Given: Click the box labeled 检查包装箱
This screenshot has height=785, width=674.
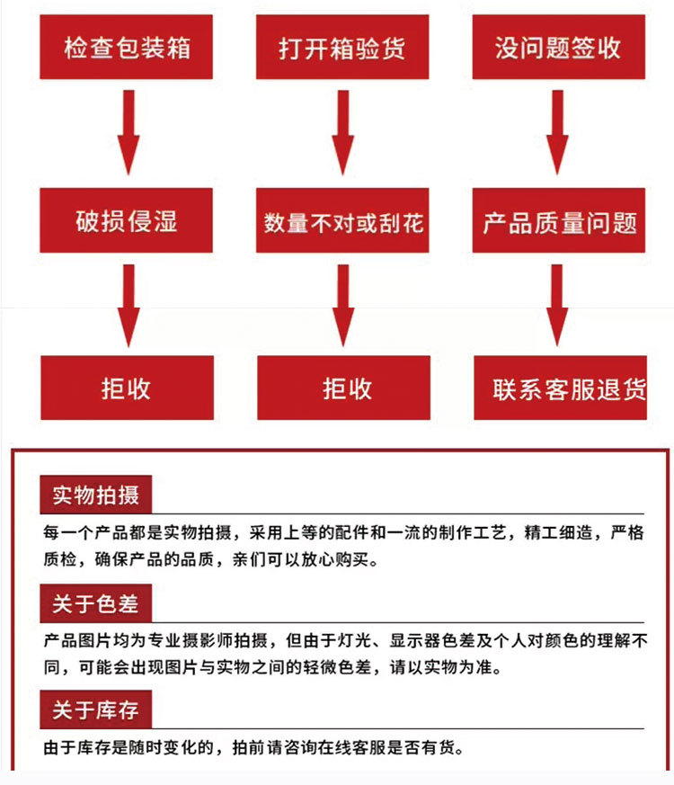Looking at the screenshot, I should tap(127, 47).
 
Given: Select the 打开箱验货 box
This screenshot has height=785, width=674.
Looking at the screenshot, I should tap(341, 47).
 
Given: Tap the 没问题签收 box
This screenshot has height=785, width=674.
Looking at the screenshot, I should tap(557, 47).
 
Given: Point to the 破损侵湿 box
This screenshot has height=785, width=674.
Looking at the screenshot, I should tap(127, 220).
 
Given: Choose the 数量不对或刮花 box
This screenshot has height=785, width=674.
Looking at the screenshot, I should tap(342, 221).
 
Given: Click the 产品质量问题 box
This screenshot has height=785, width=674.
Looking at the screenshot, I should tap(559, 221).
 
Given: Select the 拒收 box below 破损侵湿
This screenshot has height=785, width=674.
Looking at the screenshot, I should tap(127, 388).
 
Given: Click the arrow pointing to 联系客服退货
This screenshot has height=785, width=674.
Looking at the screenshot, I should tap(558, 304).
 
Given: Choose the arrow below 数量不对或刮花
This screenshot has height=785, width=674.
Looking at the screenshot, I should tap(342, 304).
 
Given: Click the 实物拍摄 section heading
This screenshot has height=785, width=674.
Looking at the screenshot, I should tap(95, 495).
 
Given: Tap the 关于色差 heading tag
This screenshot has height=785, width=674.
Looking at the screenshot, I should tap(95, 603).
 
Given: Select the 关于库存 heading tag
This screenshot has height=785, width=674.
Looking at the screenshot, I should tap(95, 710).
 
